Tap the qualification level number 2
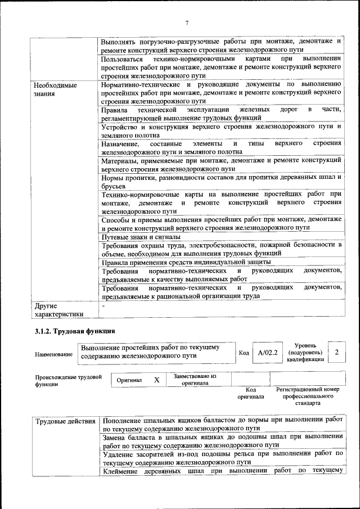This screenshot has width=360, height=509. [336, 352]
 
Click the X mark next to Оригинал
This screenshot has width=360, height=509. [157, 380]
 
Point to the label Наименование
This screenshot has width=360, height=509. [54, 354]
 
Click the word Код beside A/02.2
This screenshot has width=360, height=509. [244, 353]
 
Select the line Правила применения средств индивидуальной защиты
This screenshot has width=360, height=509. [186, 262]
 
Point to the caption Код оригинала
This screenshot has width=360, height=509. [251, 393]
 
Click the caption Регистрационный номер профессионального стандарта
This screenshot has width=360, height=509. [307, 396]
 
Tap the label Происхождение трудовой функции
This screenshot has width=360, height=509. [67, 380]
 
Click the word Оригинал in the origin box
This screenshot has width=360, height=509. [129, 380]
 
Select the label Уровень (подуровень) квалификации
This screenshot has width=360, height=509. [305, 352]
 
